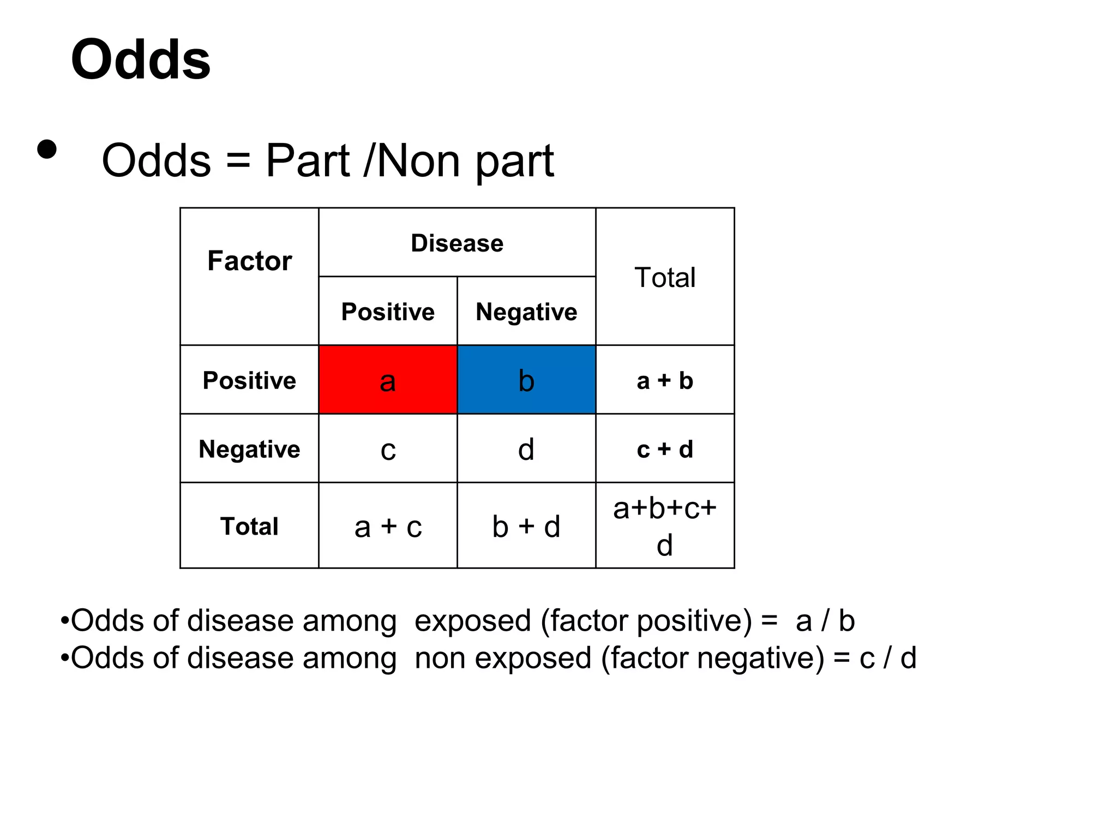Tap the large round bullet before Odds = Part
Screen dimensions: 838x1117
pyautogui.click(x=47, y=149)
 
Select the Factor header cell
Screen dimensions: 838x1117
pyautogui.click(x=249, y=261)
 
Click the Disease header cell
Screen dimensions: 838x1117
pyautogui.click(x=457, y=243)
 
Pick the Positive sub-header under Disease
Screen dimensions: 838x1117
pyautogui.click(x=388, y=312)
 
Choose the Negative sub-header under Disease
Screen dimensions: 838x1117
pyautogui.click(x=526, y=312)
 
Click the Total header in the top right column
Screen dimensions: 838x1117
pyautogui.click(x=665, y=277)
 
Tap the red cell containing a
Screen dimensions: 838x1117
pyautogui.click(x=388, y=380)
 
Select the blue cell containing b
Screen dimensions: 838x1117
pyautogui.click(x=526, y=380)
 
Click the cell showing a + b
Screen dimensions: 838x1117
pyautogui.click(x=665, y=380)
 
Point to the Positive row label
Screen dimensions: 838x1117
pyautogui.click(x=249, y=380)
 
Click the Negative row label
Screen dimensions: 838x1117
pyautogui.click(x=249, y=449)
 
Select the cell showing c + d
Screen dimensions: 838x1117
pyautogui.click(x=665, y=449)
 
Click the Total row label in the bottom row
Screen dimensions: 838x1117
pyautogui.click(x=249, y=526)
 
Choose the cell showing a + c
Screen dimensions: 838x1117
pyautogui.click(x=388, y=526)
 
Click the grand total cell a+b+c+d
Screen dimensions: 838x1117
pyautogui.click(x=665, y=526)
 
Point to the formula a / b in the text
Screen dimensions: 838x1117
pyautogui.click(x=825, y=621)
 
